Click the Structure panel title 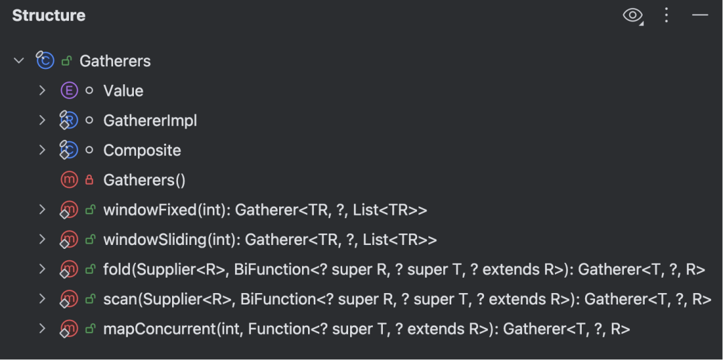click(x=48, y=15)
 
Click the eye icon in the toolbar click(x=633, y=15)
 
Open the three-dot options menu click(x=666, y=15)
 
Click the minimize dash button click(x=700, y=15)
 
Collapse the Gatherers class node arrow click(x=19, y=60)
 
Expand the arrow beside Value click(x=42, y=90)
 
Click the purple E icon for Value click(x=69, y=91)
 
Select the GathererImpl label click(x=150, y=120)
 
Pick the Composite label click(x=142, y=151)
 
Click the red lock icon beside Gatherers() click(x=90, y=180)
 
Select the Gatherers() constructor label click(x=145, y=180)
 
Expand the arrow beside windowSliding click(x=42, y=240)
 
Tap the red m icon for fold click(x=69, y=269)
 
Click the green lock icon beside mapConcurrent click(x=90, y=329)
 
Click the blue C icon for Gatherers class click(x=46, y=60)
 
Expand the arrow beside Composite click(x=42, y=151)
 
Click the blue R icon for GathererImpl click(x=69, y=120)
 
